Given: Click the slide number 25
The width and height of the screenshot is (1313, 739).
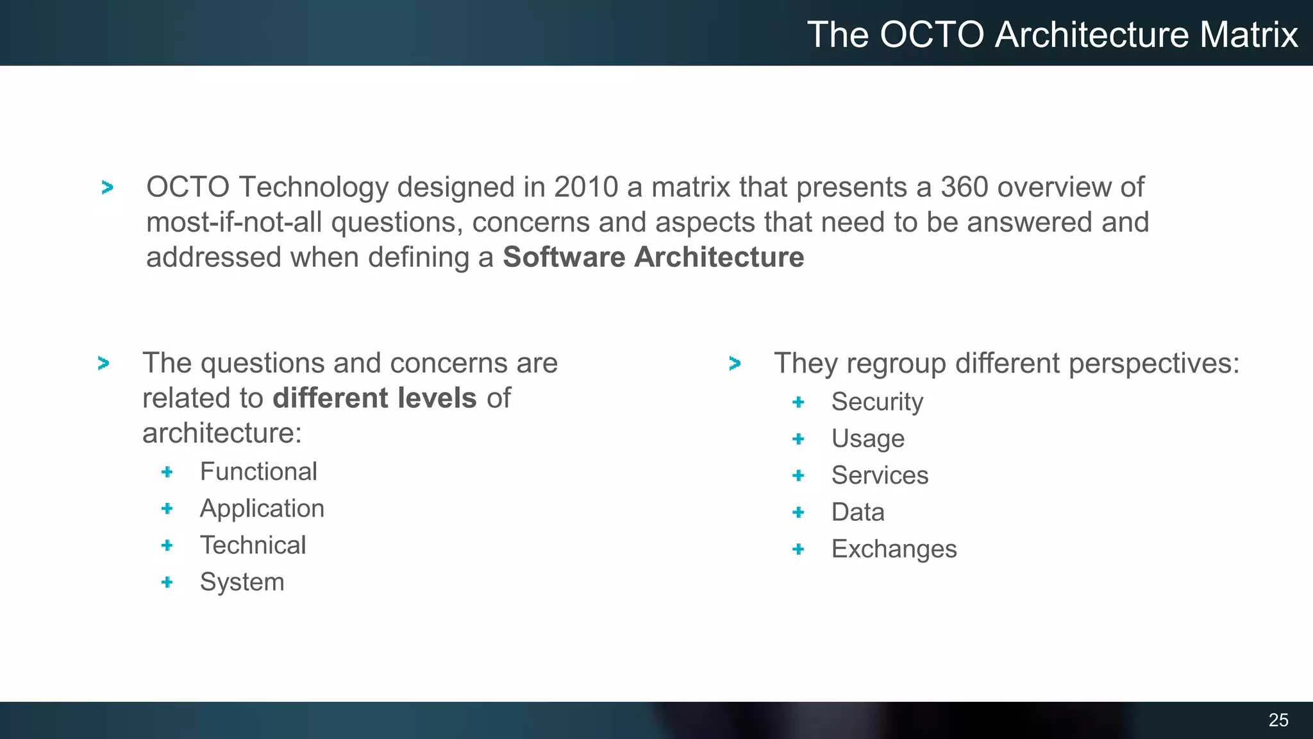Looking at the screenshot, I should tap(1278, 720).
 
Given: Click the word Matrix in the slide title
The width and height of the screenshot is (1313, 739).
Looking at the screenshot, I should tap(1248, 35).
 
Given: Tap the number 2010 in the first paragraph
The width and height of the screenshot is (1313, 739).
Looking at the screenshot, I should tap(586, 187).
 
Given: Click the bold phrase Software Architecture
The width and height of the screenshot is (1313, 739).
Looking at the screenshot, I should tap(653, 257).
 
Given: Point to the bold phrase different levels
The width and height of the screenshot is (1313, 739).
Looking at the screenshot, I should tap(374, 398).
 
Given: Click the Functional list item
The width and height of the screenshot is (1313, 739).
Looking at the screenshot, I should tap(258, 471).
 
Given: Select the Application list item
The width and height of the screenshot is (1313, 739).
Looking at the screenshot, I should tap(262, 509).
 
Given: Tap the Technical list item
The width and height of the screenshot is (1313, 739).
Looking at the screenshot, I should tap(253, 545).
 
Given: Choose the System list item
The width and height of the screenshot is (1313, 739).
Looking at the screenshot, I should tap(242, 582).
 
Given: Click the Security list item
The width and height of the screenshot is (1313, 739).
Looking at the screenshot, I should tap(877, 402).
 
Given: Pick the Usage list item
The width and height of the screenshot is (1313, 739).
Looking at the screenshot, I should tap(867, 439).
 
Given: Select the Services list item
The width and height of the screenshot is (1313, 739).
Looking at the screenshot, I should tap(880, 475).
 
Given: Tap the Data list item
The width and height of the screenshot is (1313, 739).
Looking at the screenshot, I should tap(858, 512).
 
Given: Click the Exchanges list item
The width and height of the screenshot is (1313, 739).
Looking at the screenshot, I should tap(894, 549).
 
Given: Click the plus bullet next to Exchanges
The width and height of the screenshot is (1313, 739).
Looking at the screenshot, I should tap(798, 549).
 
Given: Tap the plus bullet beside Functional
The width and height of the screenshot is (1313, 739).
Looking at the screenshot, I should tap(167, 472).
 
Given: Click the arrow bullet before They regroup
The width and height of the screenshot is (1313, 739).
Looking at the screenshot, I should tap(735, 364).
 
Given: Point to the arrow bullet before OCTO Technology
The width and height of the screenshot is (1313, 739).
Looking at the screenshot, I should tap(107, 187).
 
